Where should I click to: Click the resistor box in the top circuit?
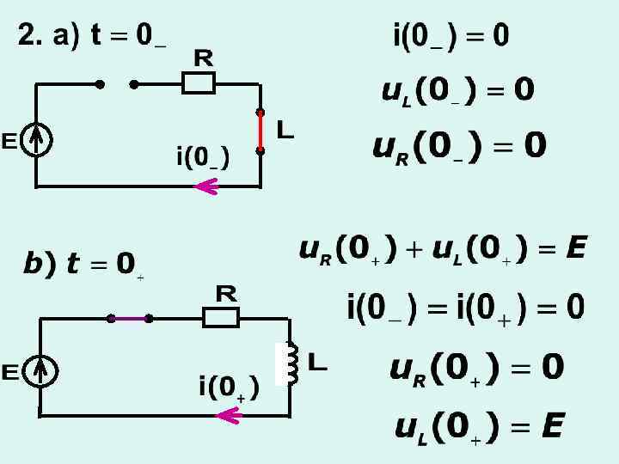[199, 83]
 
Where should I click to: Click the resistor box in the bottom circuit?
[221, 318]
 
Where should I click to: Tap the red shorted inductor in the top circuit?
[260, 131]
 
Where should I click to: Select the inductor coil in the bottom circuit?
[291, 363]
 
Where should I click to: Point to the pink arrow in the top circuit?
[206, 186]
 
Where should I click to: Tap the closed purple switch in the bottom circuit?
[130, 318]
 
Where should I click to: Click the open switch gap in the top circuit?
[117, 84]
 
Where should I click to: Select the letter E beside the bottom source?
[10, 372]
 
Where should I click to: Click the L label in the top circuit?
[285, 131]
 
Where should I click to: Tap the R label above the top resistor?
[203, 58]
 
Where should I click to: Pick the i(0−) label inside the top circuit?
[202, 158]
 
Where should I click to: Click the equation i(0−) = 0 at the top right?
[450, 36]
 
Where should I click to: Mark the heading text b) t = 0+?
[83, 265]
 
